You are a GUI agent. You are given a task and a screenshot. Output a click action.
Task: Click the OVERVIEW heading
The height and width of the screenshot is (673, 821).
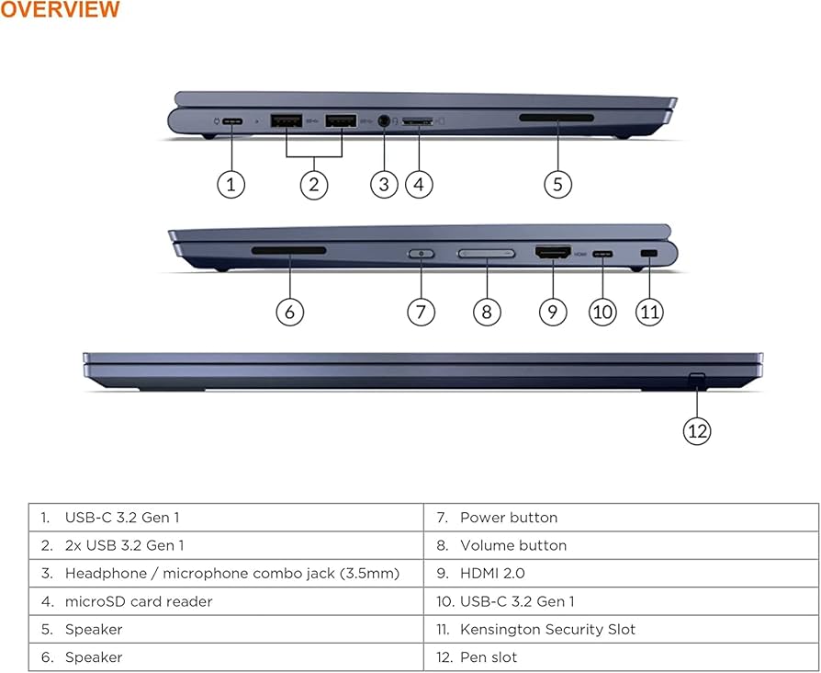pos(60,10)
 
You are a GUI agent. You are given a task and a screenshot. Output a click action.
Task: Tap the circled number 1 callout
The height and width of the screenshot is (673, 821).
pos(231,184)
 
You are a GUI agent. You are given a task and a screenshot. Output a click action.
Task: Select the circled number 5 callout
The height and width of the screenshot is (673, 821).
pos(557,184)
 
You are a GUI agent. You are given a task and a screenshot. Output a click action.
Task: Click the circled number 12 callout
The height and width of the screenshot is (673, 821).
pos(697,429)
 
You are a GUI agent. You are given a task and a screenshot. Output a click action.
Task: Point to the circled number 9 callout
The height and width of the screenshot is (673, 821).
pos(552,312)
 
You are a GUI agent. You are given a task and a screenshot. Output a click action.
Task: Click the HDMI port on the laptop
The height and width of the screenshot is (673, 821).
pos(553,251)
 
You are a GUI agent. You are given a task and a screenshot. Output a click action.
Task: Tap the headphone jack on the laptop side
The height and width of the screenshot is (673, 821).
pos(384,120)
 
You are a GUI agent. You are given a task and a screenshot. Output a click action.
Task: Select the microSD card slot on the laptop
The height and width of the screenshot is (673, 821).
pos(418,120)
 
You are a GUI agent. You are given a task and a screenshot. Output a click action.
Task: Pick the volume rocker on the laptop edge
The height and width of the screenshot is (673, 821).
pos(487,253)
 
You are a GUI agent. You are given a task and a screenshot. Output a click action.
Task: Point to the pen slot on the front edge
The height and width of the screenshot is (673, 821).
pos(697,378)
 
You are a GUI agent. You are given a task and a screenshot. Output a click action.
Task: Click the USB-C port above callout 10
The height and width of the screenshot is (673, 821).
pos(602,252)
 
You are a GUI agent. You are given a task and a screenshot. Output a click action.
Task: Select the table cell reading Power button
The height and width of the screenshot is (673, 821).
pos(509,518)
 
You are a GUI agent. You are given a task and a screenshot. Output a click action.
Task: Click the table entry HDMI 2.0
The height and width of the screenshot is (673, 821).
pos(494,573)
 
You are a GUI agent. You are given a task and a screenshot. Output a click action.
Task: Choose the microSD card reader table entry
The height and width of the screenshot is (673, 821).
pos(138,601)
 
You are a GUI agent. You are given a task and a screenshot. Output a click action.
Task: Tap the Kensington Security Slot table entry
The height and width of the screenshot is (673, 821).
pos(547,629)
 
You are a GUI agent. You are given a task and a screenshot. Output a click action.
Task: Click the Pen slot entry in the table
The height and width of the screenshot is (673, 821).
pos(489,656)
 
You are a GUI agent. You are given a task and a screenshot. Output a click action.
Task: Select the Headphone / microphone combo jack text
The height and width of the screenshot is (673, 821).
pos(231,573)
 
